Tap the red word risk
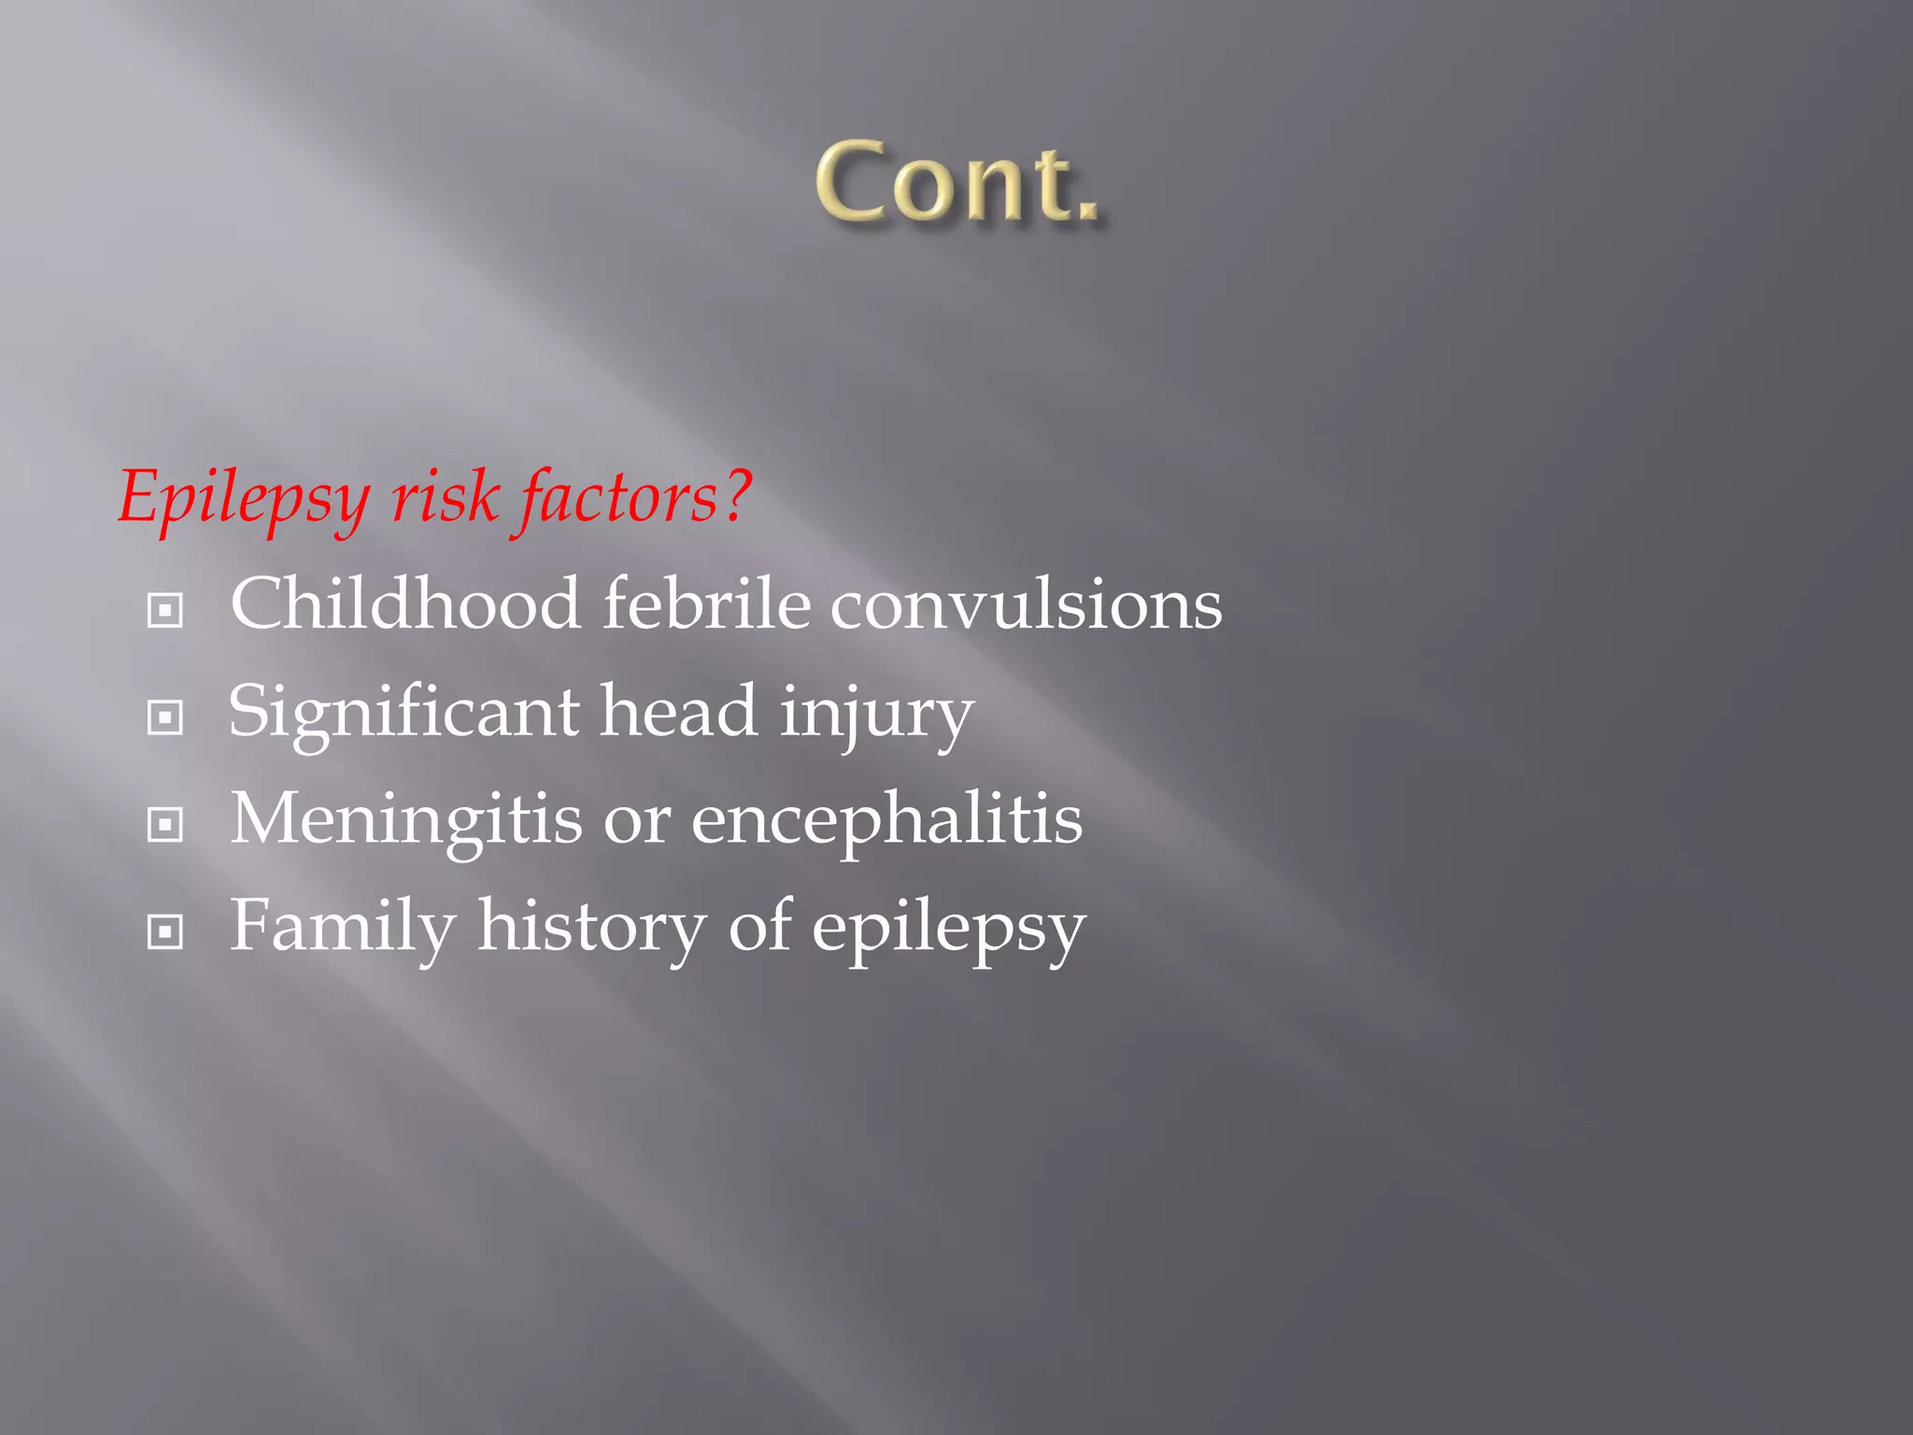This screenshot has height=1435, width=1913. coord(445,497)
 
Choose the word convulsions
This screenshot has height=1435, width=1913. coord(1026,605)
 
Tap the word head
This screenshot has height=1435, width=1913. coord(678,711)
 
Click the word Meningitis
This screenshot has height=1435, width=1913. coord(406,820)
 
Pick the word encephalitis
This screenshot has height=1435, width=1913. coord(886,820)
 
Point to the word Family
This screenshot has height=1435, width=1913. coord(343,928)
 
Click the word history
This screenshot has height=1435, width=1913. coord(591,928)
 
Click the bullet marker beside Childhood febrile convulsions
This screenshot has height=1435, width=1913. coord(165,611)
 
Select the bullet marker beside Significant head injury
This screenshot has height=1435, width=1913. coord(165,718)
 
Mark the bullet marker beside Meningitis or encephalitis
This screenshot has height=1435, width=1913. coord(165,825)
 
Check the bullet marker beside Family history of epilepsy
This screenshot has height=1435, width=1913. coord(165,932)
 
